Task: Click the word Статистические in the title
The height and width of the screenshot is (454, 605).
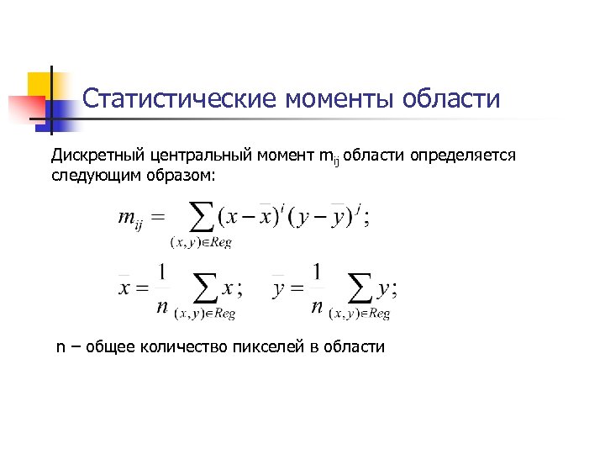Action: coord(180,100)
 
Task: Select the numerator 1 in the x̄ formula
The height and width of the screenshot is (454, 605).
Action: coord(164,273)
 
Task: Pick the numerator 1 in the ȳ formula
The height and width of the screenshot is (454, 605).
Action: coord(317,273)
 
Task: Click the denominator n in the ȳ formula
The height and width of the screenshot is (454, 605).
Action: coord(317,307)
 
